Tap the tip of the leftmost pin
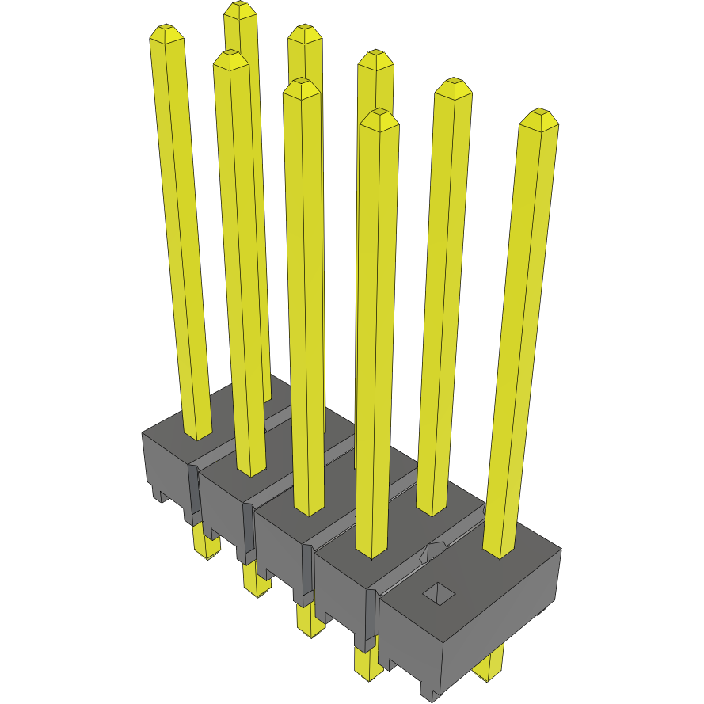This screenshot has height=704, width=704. click(x=167, y=34)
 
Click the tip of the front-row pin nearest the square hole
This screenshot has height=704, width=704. click(x=378, y=120)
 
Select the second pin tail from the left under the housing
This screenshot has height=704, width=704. click(x=256, y=583)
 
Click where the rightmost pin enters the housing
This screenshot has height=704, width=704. click(x=500, y=550)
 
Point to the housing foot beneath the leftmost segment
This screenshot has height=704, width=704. click(x=159, y=496)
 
